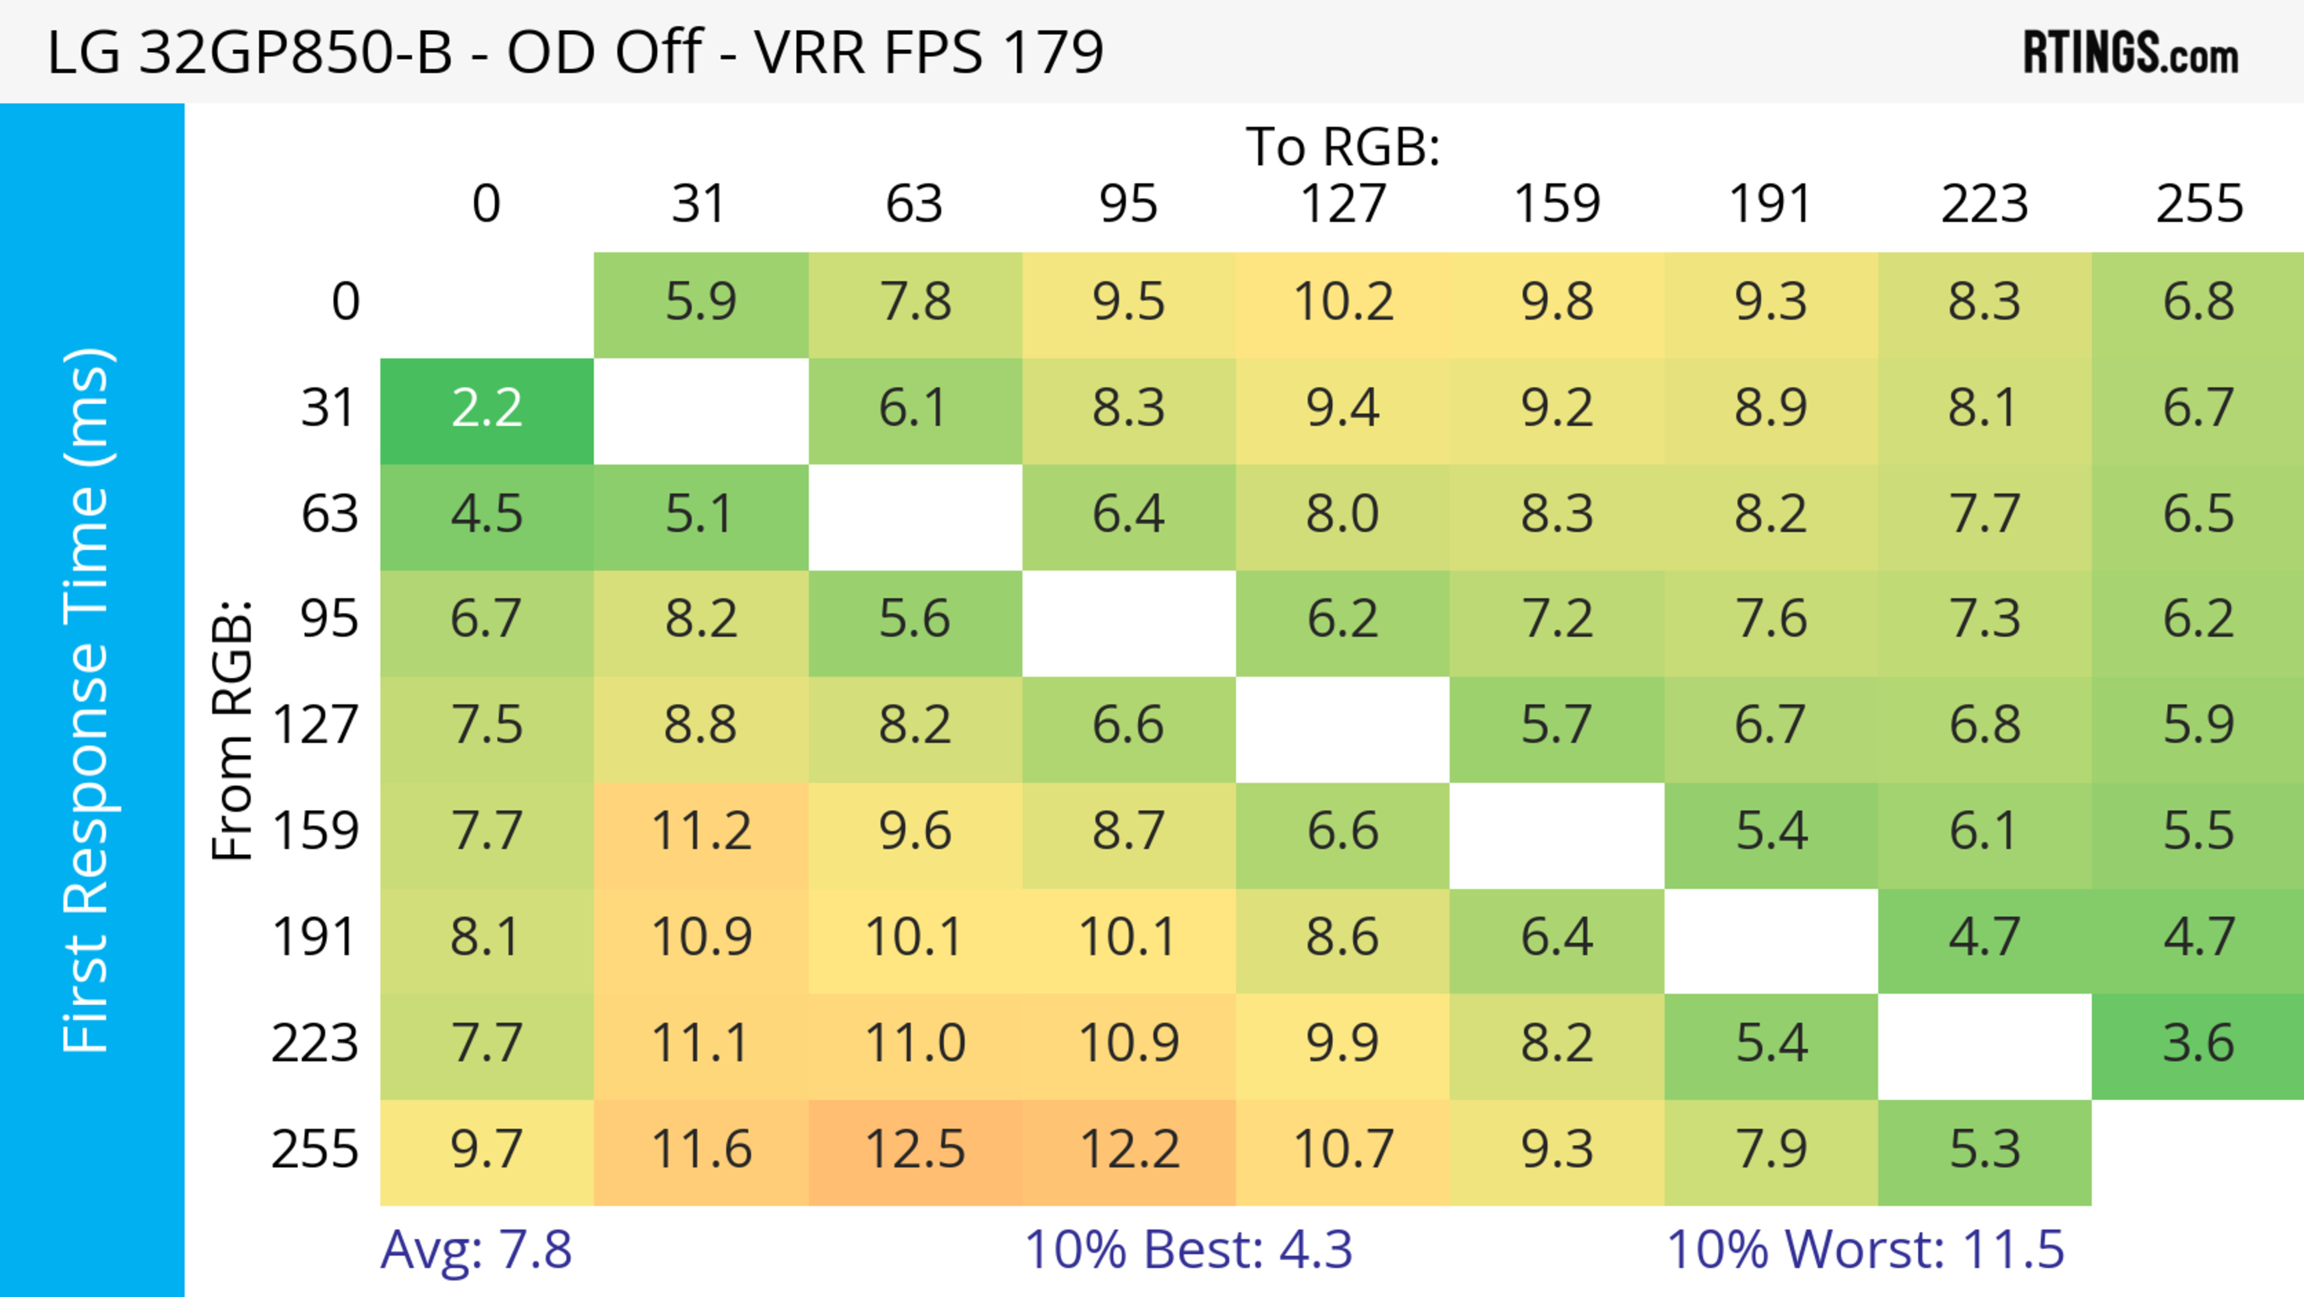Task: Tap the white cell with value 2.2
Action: pyautogui.click(x=487, y=409)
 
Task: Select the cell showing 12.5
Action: pyautogui.click(x=915, y=1149)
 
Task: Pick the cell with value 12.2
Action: pyautogui.click(x=1129, y=1149)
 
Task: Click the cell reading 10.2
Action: pyautogui.click(x=1343, y=301)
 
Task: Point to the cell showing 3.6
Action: pyautogui.click(x=2198, y=1043)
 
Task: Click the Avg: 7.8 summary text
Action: pyautogui.click(x=476, y=1249)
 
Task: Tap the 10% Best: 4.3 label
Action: pyautogui.click(x=1188, y=1249)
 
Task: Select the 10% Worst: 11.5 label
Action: pyautogui.click(x=1865, y=1249)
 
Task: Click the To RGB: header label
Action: pyautogui.click(x=1343, y=146)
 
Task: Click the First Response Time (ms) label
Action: pyautogui.click(x=88, y=699)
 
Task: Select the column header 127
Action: pyautogui.click(x=1343, y=204)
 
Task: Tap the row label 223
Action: pyautogui.click(x=315, y=1043)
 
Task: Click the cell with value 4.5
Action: pyautogui.click(x=487, y=514)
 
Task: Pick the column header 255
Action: pyautogui.click(x=2198, y=204)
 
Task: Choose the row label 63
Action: pyautogui.click(x=329, y=514)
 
